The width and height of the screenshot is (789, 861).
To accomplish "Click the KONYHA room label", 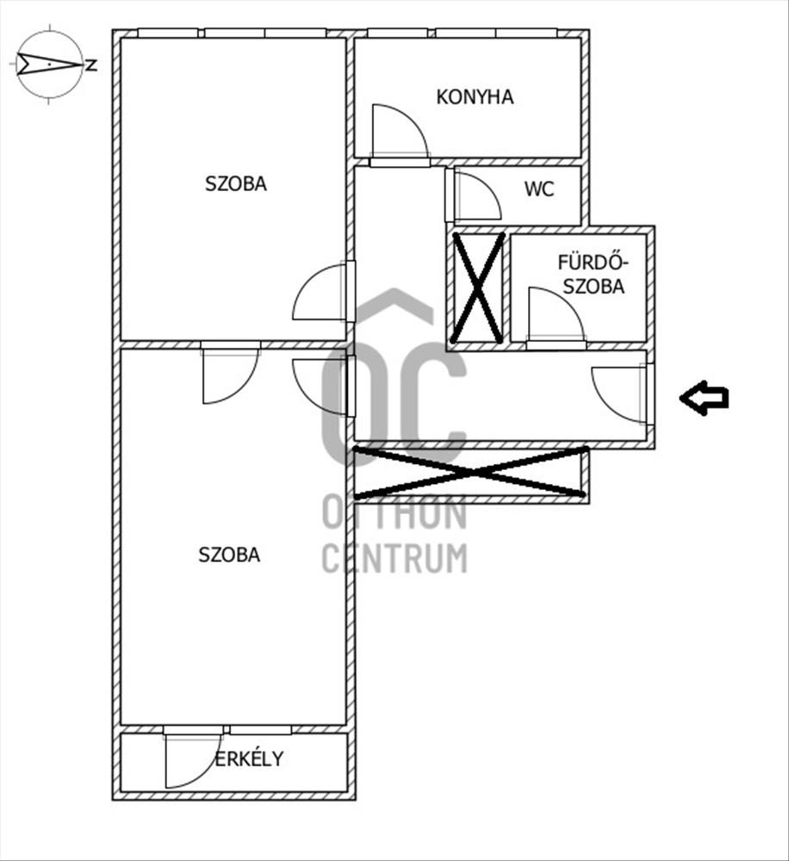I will tap(475, 96).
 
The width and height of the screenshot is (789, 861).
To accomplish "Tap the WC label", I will tap(539, 189).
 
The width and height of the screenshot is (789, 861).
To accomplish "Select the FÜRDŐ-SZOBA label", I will tap(591, 274).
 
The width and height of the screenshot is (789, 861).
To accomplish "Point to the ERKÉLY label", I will tap(249, 759).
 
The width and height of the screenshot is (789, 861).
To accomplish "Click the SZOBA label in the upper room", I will tap(235, 183).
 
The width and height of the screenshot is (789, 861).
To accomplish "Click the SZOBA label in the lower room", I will tap(229, 554).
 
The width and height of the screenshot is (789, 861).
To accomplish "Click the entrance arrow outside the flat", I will tap(704, 398).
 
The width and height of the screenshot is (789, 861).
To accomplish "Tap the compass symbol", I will tap(50, 65).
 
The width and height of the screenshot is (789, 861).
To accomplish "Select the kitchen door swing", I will tap(398, 133).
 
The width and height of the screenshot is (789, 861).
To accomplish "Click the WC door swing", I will tap(475, 196).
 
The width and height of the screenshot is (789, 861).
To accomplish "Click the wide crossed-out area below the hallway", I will tap(470, 473).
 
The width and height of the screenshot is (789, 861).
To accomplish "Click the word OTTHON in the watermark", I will tap(394, 514).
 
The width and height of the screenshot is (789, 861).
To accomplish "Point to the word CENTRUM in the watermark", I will tap(394, 558).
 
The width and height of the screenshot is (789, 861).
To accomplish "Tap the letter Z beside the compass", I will tap(91, 65).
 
